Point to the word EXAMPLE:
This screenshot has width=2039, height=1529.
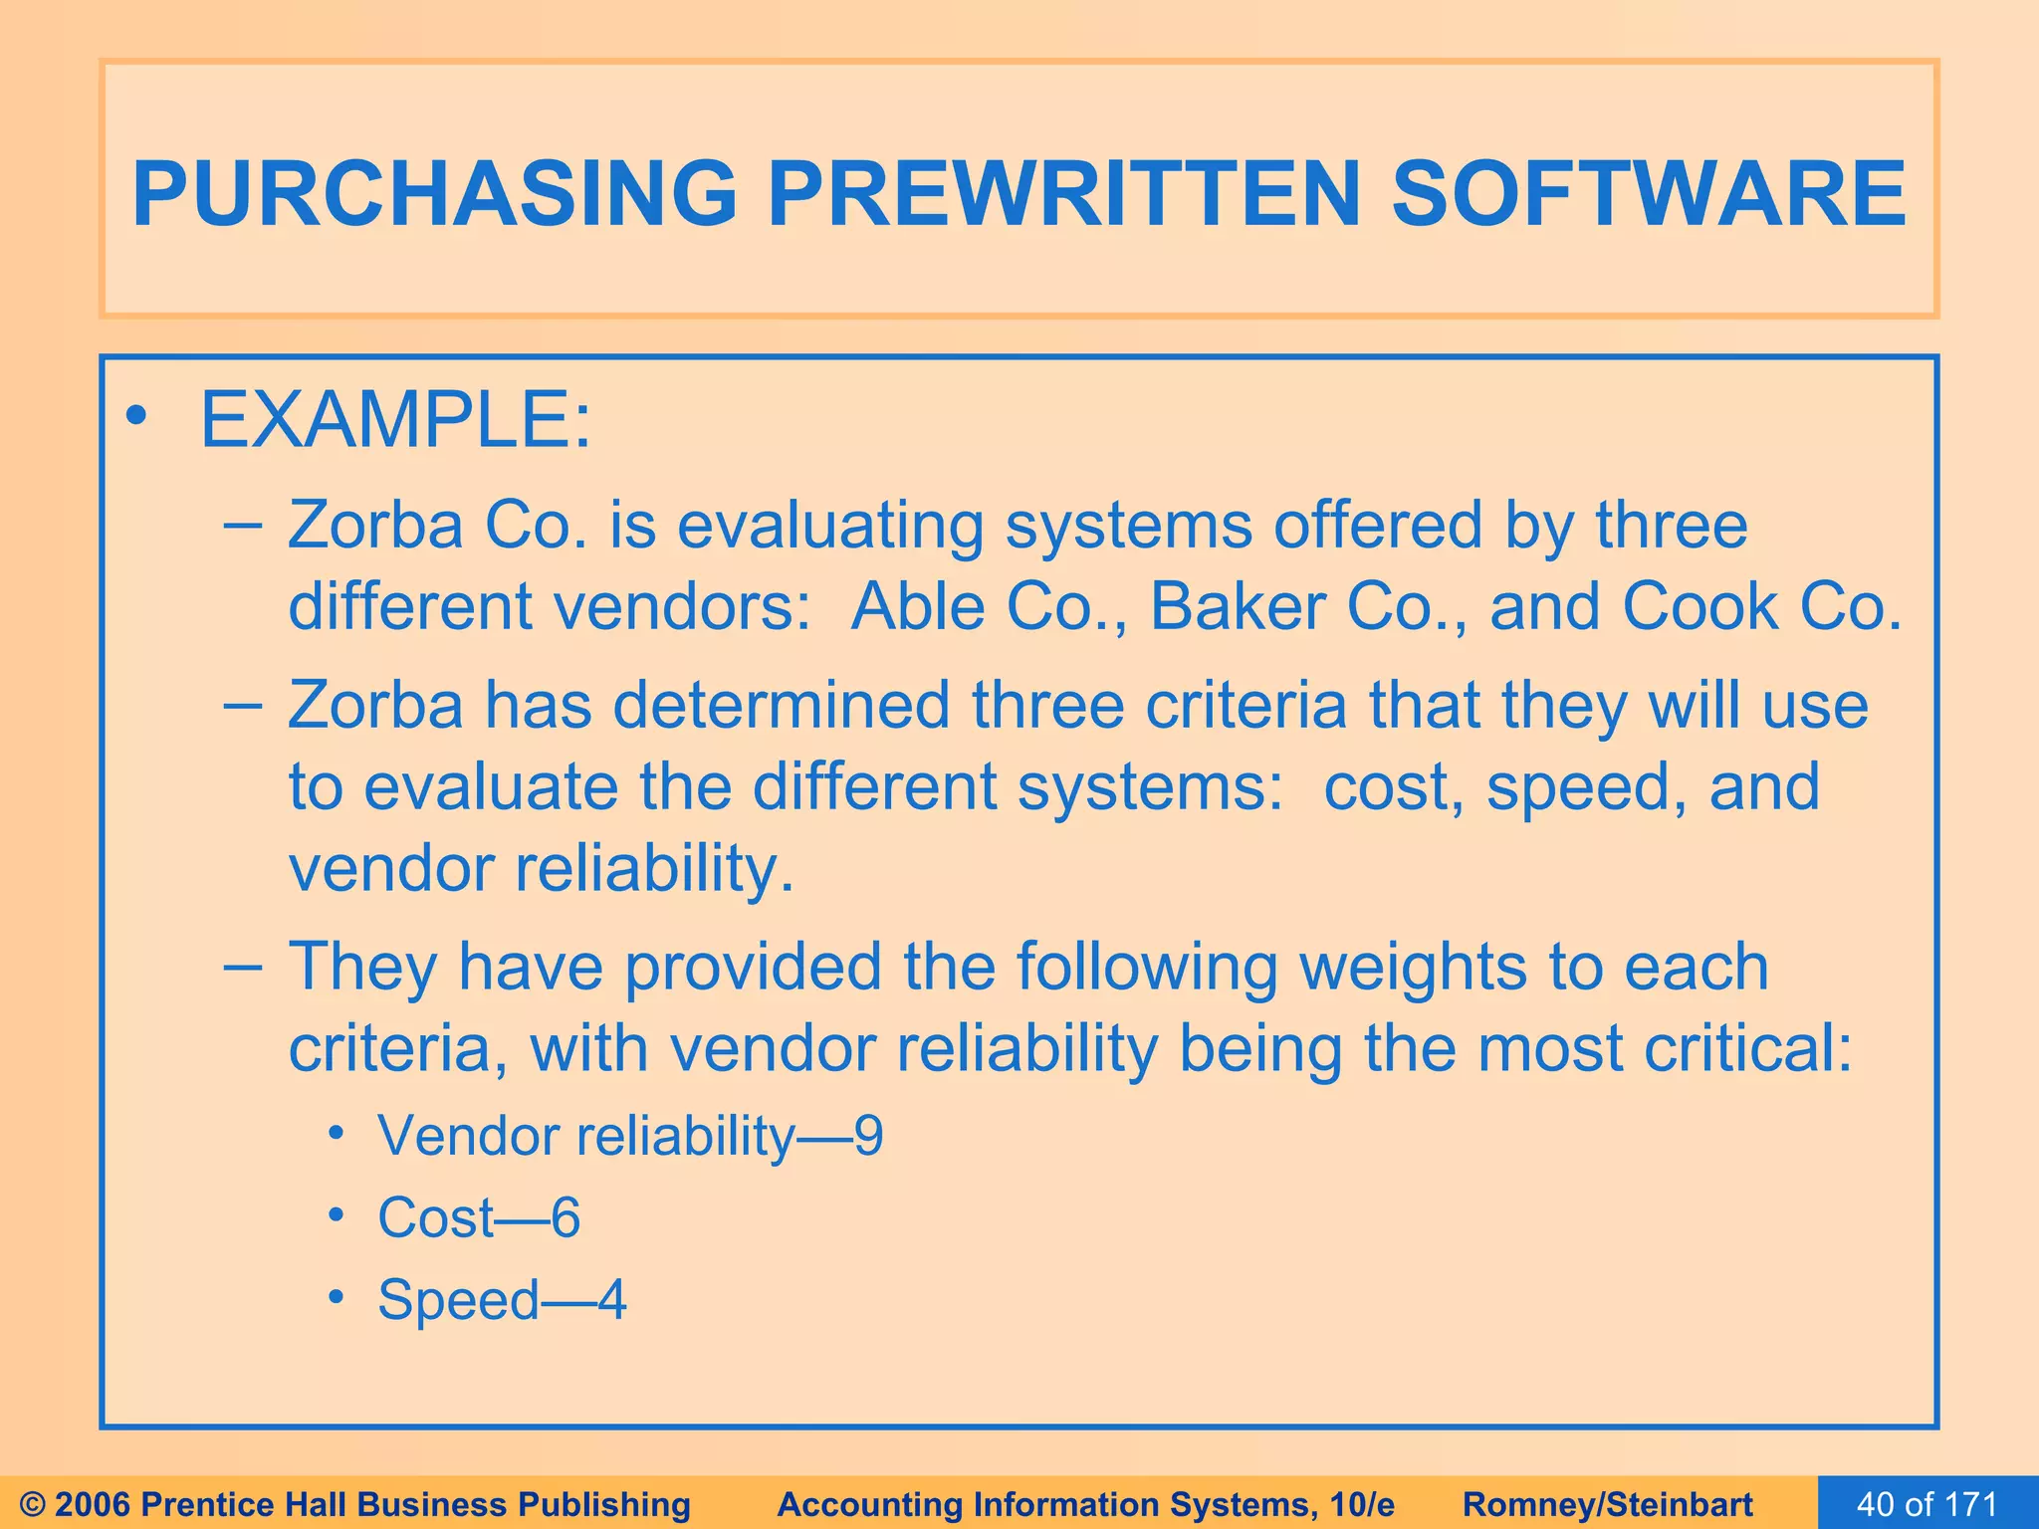point(395,421)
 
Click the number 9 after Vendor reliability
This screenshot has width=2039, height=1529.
point(868,1136)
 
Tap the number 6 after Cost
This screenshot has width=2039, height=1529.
point(566,1217)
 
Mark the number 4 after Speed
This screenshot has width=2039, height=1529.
point(612,1299)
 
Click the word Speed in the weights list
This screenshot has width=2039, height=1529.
point(458,1300)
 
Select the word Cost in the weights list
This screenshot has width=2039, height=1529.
point(436,1217)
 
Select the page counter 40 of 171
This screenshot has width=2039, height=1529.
point(1927,1504)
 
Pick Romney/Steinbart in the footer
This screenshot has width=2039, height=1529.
point(1608,1504)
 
